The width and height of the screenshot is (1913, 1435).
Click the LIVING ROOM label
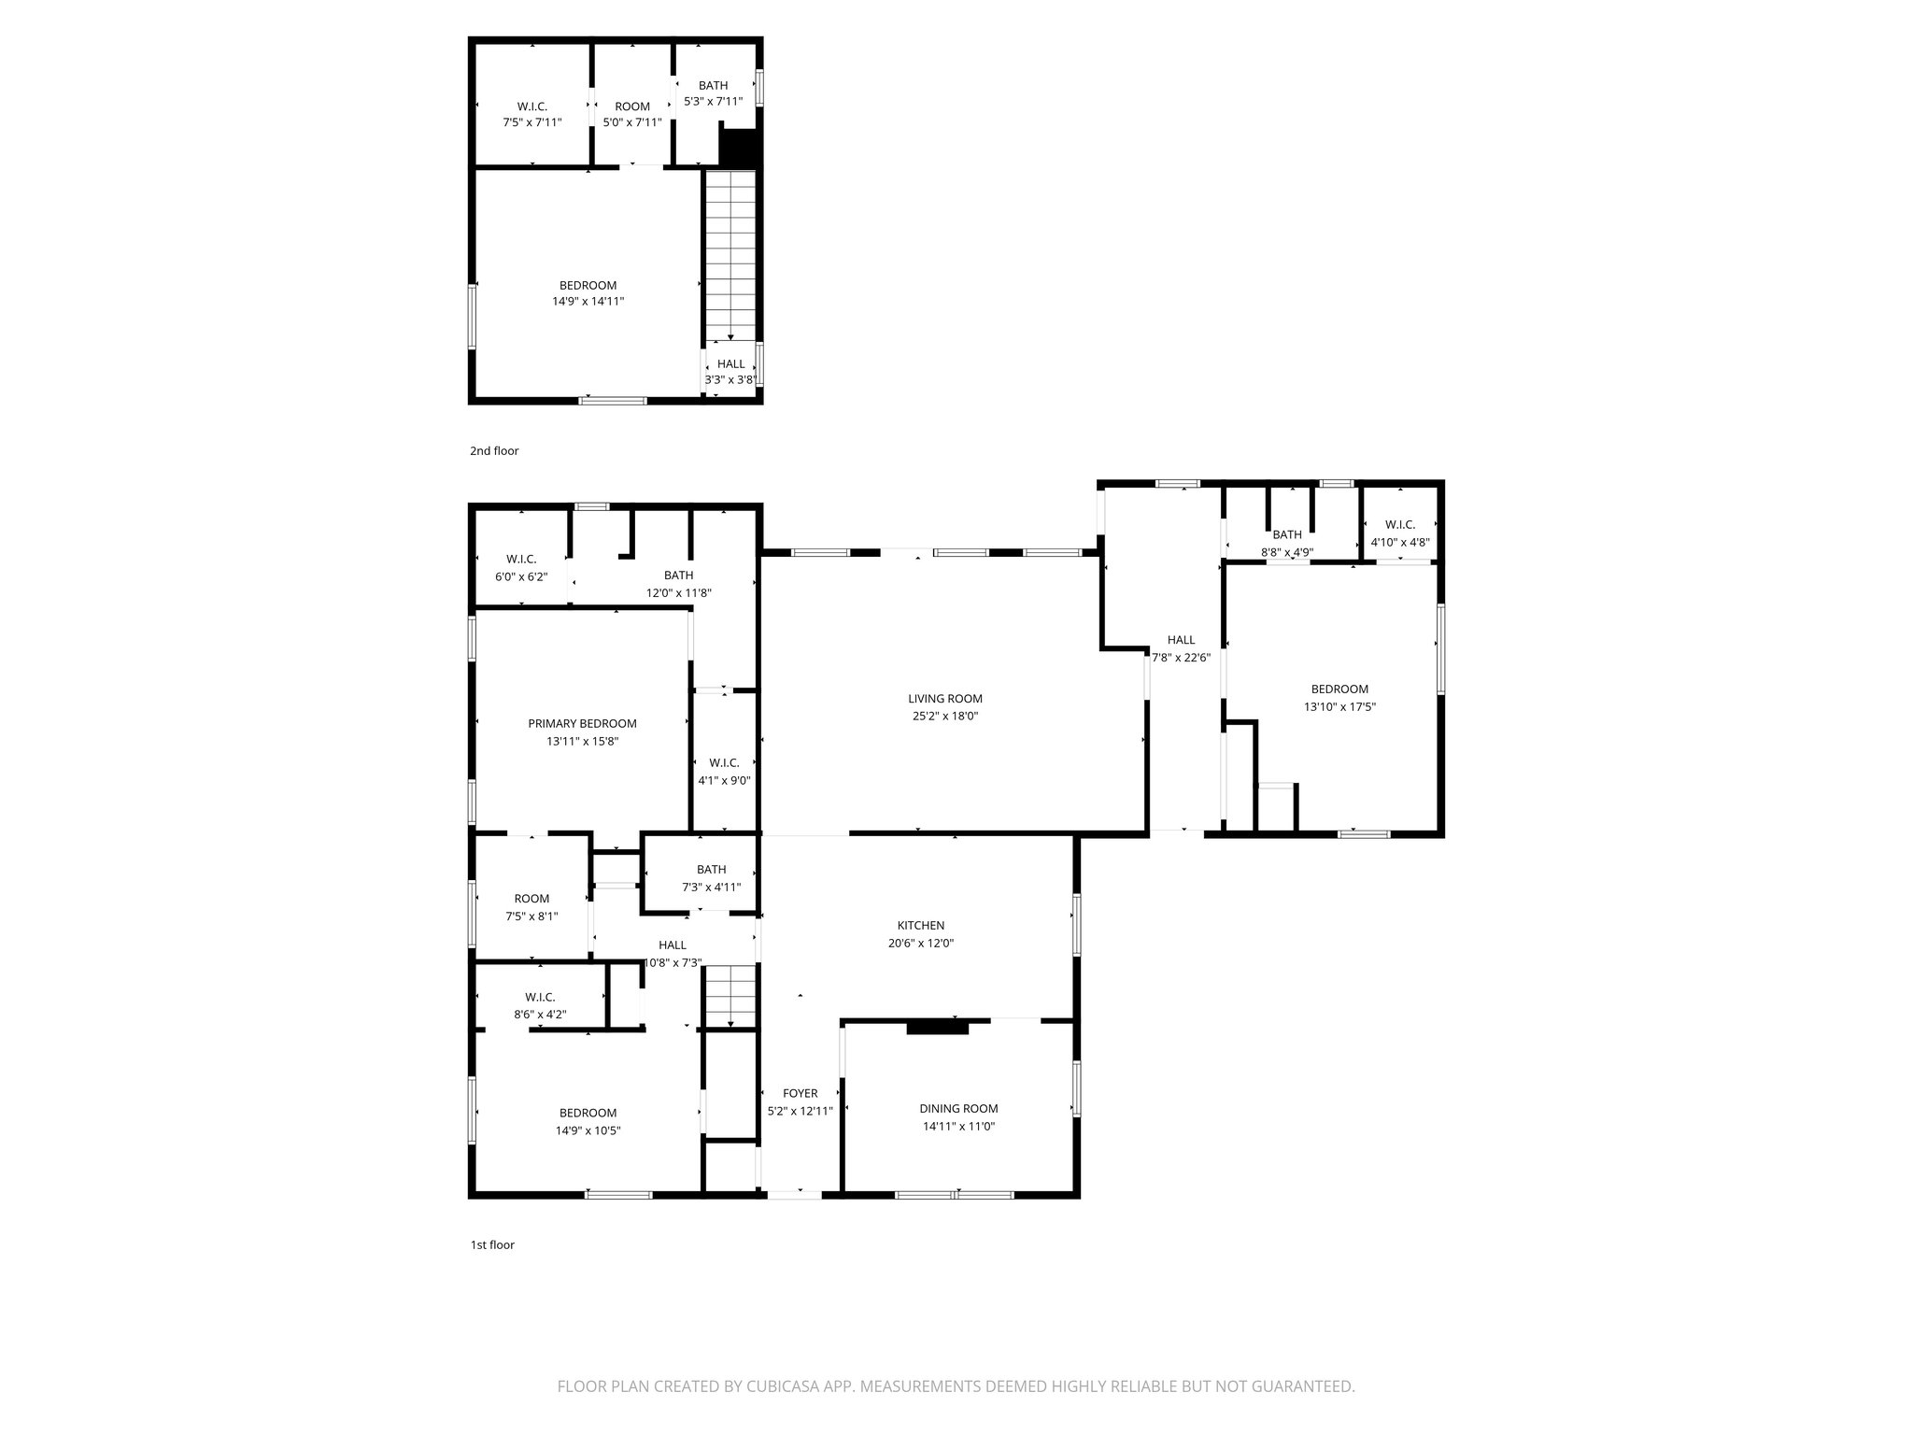pyautogui.click(x=944, y=699)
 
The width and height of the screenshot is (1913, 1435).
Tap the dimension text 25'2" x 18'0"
pyautogui.click(x=944, y=717)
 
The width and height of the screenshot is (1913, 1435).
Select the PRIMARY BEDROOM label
pyautogui.click(x=582, y=723)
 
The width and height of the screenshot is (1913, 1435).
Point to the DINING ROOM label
pyautogui.click(x=958, y=1109)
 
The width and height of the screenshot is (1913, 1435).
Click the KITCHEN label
pyautogui.click(x=921, y=926)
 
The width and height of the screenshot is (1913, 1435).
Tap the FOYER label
pyautogui.click(x=800, y=1093)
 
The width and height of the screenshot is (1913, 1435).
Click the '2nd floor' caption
pyautogui.click(x=494, y=451)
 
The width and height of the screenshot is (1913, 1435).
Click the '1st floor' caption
pyautogui.click(x=492, y=1244)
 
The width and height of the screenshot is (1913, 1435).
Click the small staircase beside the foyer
pyautogui.click(x=730, y=997)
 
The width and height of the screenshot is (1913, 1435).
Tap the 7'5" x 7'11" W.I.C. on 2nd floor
pyautogui.click(x=531, y=114)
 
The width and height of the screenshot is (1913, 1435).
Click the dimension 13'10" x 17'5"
pyautogui.click(x=1339, y=707)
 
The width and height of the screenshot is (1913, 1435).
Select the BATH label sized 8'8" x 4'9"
pyautogui.click(x=1287, y=535)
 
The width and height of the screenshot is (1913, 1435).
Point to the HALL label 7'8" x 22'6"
pyautogui.click(x=1181, y=641)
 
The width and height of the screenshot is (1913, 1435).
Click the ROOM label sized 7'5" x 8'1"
pyautogui.click(x=531, y=900)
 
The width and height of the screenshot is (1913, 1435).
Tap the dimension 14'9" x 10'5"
pyautogui.click(x=588, y=1130)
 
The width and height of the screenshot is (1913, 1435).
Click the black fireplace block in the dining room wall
pyautogui.click(x=938, y=1028)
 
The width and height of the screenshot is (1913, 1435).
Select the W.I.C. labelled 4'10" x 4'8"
pyautogui.click(x=1400, y=525)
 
